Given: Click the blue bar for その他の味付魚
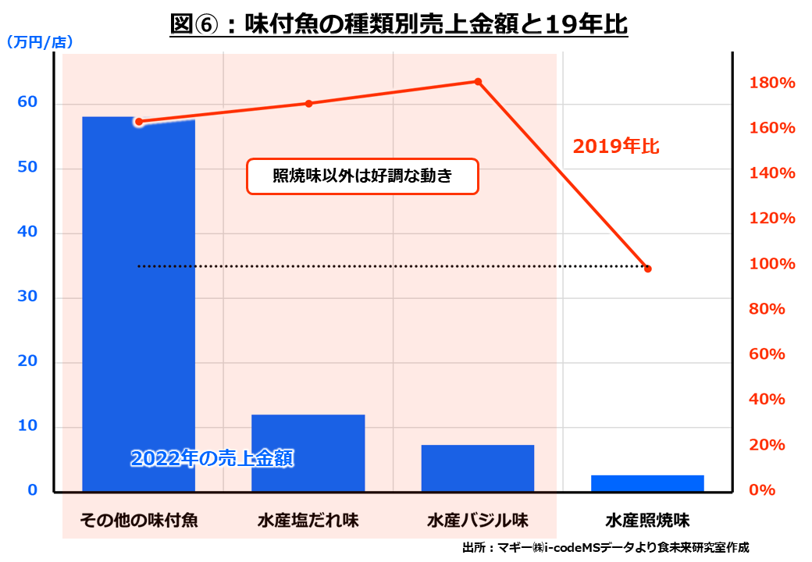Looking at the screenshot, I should tap(138, 304).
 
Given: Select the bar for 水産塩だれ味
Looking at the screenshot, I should tap(308, 453).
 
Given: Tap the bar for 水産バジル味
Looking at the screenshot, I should tap(477, 468).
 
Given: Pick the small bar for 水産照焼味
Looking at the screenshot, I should tap(647, 483).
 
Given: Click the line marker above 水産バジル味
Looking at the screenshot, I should tap(478, 81).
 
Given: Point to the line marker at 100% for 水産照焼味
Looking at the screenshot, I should tap(647, 269).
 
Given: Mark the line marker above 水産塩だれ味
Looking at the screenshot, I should tap(308, 103).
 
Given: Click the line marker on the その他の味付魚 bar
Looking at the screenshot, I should tap(139, 121).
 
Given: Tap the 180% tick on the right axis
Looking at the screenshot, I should tap(771, 83).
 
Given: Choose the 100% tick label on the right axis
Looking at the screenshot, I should tap(771, 264).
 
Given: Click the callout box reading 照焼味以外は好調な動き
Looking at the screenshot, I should tap(362, 176).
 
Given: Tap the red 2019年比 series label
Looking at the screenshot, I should tap(616, 146).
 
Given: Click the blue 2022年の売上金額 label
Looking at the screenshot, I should tap(212, 458).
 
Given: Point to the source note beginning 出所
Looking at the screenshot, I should tap(605, 548).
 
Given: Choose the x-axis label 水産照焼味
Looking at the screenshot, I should tap(647, 520).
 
